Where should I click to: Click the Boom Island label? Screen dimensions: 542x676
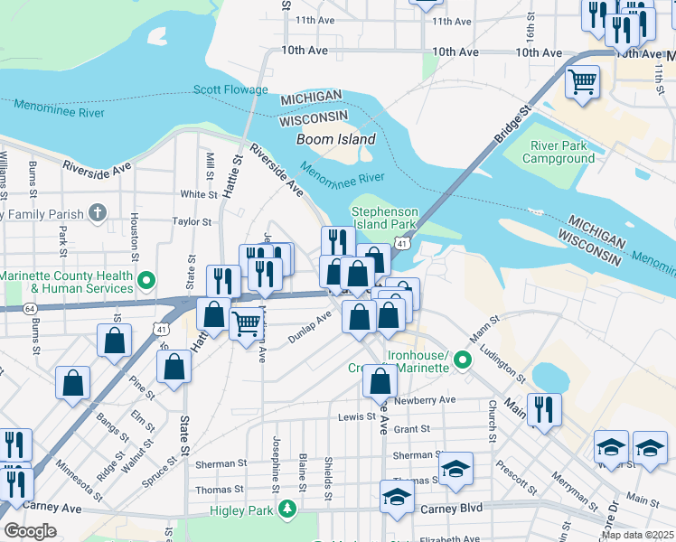[x=336, y=140]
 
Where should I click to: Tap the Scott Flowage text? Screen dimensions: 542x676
[x=230, y=90]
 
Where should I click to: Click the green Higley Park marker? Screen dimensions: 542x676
[x=288, y=509]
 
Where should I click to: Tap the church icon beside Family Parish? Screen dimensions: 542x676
[x=99, y=214]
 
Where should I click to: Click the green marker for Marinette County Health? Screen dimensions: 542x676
[x=146, y=282]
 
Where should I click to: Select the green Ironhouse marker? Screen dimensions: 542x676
[x=463, y=361]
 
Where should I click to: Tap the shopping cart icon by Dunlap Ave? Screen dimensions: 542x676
[x=246, y=323]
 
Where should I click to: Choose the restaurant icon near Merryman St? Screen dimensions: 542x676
[x=544, y=407]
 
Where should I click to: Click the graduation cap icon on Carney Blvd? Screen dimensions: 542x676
[x=397, y=498]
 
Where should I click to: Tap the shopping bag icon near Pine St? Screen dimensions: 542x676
[x=114, y=341]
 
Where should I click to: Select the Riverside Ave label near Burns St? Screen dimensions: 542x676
[x=90, y=168]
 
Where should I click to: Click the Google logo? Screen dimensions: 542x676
[x=30, y=531]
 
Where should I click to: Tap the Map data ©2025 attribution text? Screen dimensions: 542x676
[x=637, y=535]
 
